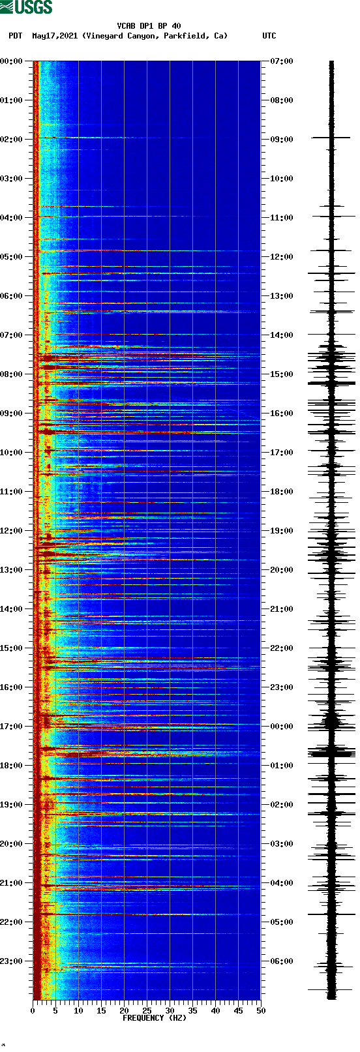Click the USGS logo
click(26, 7)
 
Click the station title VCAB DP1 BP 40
click(149, 26)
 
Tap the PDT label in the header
click(15, 36)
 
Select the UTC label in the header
click(269, 36)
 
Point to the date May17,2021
click(55, 36)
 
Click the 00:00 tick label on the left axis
click(12, 61)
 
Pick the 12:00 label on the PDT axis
click(12, 531)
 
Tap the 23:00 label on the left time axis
click(12, 961)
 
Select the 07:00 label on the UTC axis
click(282, 61)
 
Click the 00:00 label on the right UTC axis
click(282, 727)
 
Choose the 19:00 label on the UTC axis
click(282, 531)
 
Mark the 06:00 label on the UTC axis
click(282, 961)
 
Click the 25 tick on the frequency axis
click(147, 1011)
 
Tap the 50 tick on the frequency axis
click(261, 1011)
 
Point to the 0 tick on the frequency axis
click(33, 1011)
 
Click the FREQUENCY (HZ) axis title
click(155, 1018)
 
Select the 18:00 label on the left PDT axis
click(12, 766)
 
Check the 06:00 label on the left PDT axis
click(12, 296)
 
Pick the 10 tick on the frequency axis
click(78, 1011)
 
